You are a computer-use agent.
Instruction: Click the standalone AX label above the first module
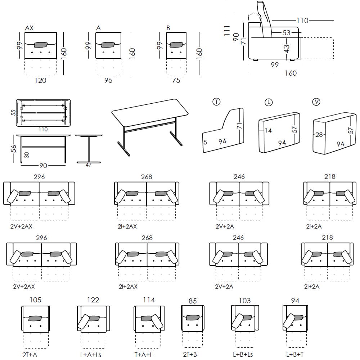click(30, 28)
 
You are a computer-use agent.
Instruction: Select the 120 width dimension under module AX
click(40, 80)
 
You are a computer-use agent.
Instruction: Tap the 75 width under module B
click(176, 80)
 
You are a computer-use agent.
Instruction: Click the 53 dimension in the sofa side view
click(286, 33)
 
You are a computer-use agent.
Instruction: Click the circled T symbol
click(216, 102)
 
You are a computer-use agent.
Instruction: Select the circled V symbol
click(316, 102)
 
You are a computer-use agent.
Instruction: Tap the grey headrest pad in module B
click(176, 45)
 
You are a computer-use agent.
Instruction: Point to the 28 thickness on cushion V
click(319, 135)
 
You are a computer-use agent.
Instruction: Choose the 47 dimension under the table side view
click(89, 165)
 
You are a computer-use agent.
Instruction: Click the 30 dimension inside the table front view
click(27, 155)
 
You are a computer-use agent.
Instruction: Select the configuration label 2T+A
click(30, 355)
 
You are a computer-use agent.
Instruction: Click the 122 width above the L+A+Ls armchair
click(93, 300)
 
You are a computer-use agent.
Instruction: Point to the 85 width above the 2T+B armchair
click(193, 301)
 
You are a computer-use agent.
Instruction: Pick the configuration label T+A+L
click(144, 355)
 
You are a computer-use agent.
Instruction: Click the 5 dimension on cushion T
click(205, 142)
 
